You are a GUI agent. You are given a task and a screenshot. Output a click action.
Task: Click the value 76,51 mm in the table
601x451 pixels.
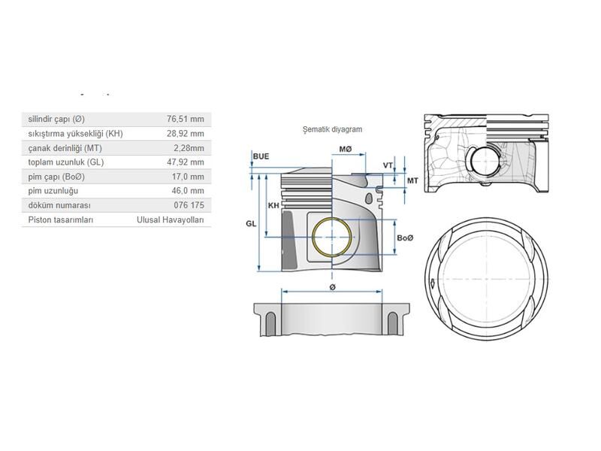(186, 119)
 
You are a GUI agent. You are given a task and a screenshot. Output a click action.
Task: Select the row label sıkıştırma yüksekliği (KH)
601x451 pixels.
(74, 133)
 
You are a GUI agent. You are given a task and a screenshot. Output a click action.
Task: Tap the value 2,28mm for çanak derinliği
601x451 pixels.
(188, 148)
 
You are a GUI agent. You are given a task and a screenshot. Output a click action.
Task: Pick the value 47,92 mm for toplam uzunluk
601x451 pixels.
(186, 162)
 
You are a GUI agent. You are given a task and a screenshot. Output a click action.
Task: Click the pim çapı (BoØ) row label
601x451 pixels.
(56, 177)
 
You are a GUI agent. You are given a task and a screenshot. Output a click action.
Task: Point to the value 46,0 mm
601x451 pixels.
(188, 191)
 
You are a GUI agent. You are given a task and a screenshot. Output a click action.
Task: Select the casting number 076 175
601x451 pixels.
(188, 205)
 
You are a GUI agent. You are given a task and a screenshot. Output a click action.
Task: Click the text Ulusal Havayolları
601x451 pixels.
(170, 220)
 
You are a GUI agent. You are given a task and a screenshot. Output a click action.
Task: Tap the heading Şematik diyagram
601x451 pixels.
(331, 129)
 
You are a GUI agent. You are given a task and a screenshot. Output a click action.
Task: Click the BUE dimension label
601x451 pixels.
(261, 156)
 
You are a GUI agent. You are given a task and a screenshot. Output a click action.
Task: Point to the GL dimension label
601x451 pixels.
(251, 223)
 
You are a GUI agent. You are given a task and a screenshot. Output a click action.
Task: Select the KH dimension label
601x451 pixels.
(273, 204)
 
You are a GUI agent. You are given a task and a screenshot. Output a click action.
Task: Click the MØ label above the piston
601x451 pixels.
(346, 150)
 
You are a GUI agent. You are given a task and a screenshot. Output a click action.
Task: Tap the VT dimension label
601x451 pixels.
(388, 165)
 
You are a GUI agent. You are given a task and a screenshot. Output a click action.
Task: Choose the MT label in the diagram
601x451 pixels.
(412, 180)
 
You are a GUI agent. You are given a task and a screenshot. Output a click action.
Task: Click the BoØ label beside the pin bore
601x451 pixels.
(405, 238)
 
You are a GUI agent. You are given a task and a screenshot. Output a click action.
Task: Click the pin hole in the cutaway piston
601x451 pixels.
(483, 162)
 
